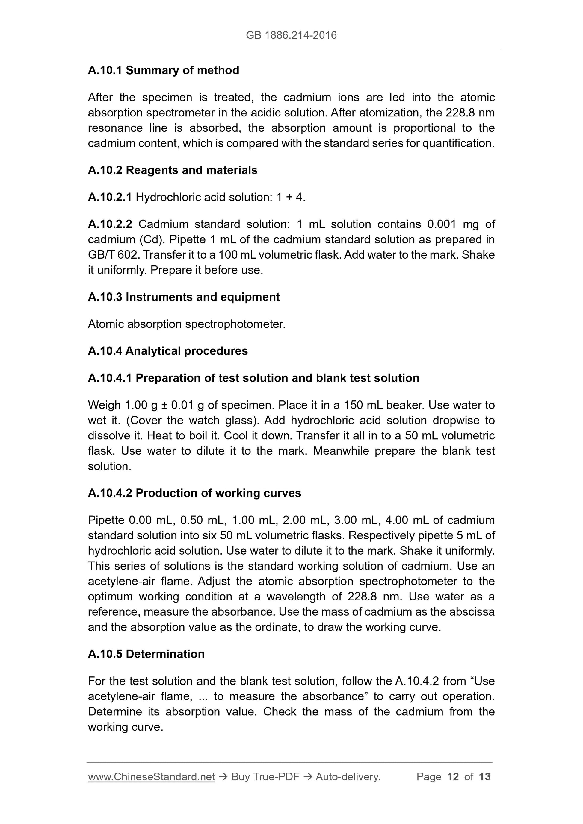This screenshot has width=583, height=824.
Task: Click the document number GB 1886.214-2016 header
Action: tap(291, 35)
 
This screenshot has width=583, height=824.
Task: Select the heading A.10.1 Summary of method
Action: tap(164, 70)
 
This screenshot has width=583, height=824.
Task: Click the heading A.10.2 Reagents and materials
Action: tap(173, 170)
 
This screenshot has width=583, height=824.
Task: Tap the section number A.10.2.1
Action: tap(110, 197)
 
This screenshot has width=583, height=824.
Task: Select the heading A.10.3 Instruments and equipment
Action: tap(184, 297)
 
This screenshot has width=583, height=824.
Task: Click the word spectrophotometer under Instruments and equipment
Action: tap(235, 324)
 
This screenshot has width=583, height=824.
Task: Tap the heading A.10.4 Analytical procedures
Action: tap(168, 351)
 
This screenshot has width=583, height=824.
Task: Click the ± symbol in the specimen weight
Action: tap(164, 405)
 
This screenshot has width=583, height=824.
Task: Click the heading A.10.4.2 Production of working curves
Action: tap(194, 493)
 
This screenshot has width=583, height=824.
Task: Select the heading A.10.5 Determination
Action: tap(146, 654)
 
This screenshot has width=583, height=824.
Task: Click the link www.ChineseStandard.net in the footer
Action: tap(151, 777)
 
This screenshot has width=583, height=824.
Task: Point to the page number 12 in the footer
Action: tap(453, 777)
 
